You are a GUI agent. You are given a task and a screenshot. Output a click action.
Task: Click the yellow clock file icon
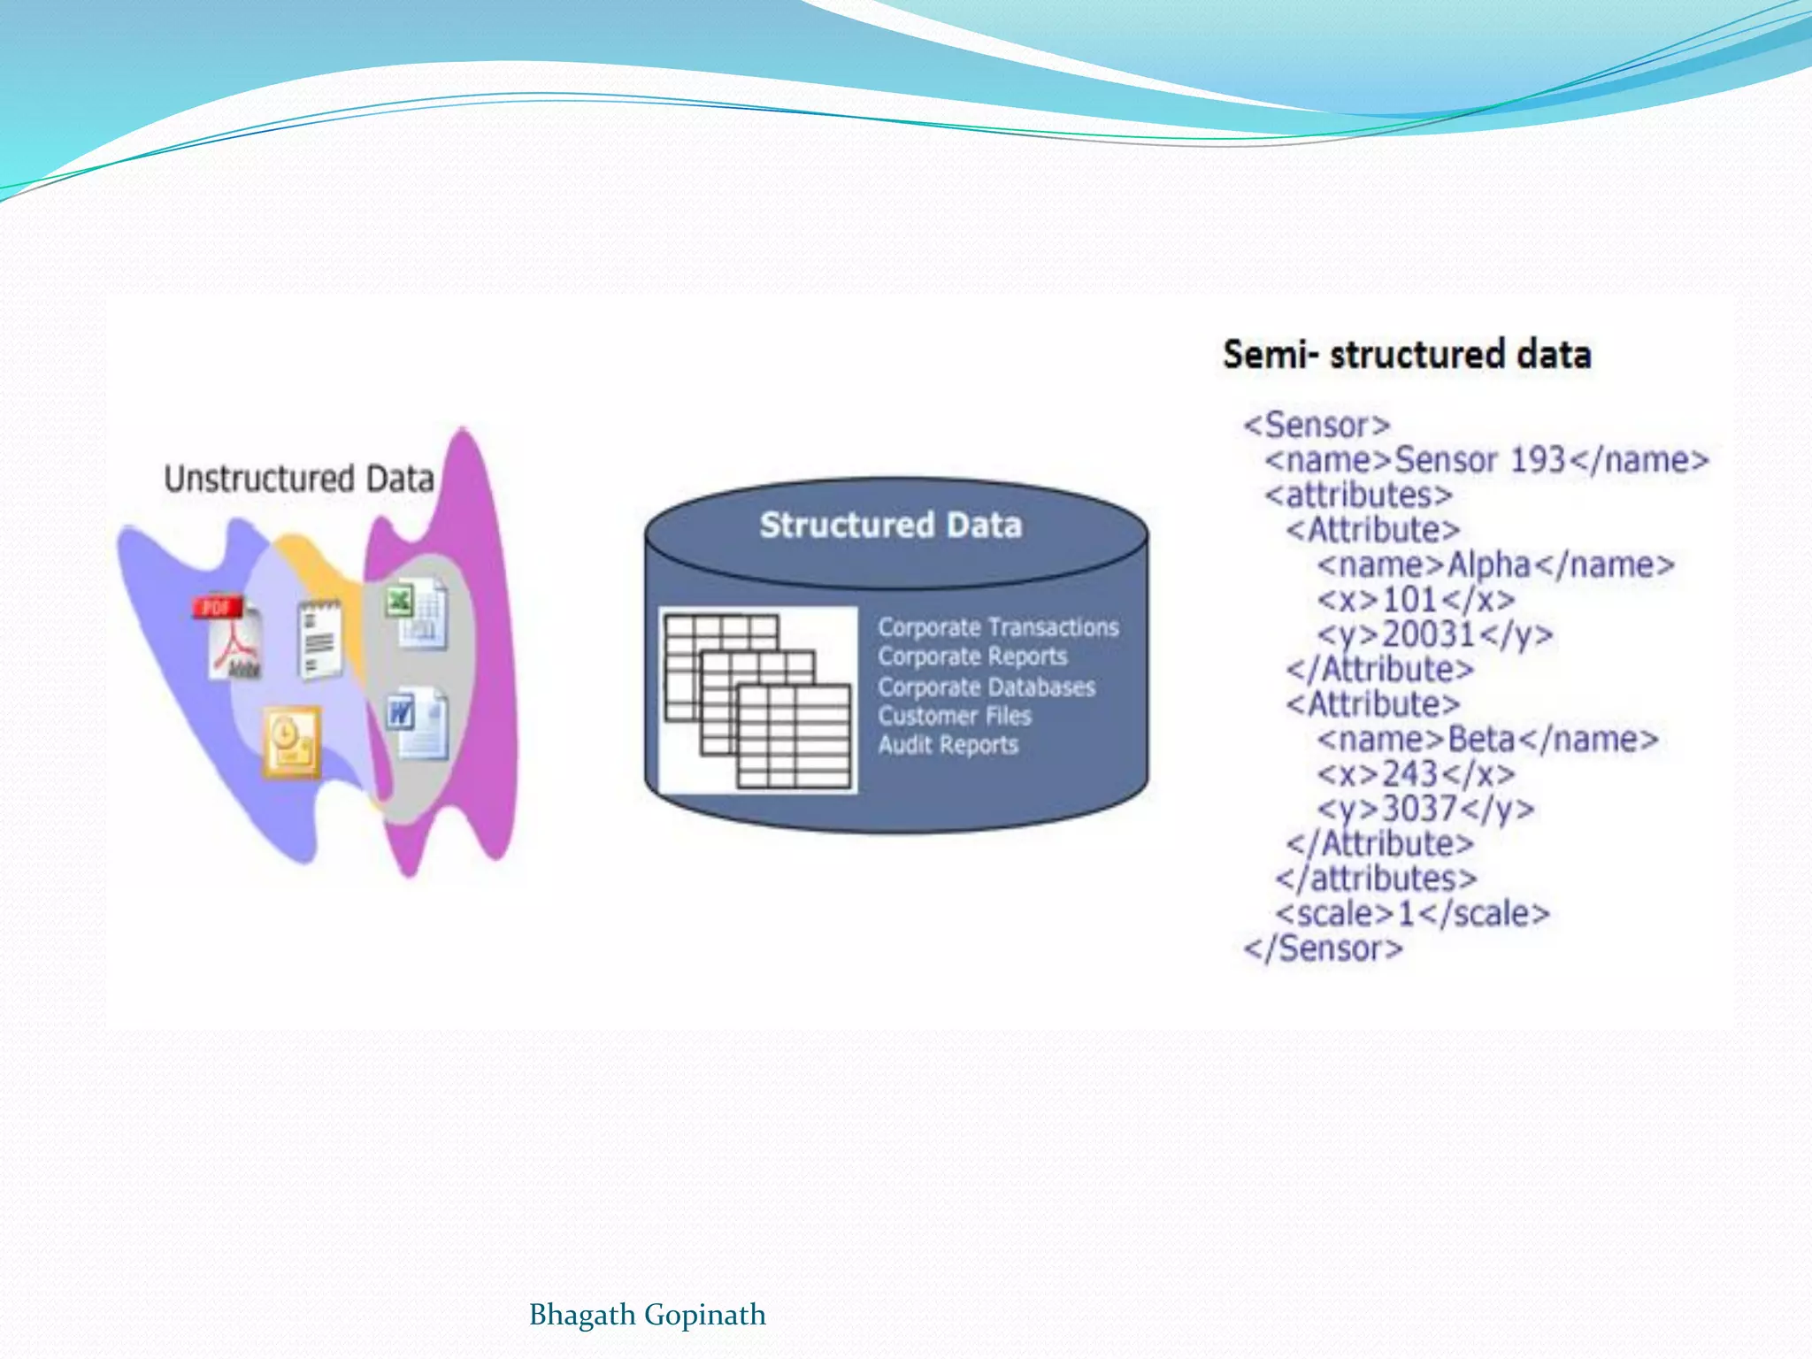[291, 741]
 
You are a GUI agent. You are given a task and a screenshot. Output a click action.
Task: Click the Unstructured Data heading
[299, 479]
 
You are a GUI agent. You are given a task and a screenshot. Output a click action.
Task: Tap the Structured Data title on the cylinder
[891, 525]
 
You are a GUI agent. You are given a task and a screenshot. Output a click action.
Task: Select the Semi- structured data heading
[1407, 354]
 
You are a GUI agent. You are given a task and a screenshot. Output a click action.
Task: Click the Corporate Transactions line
[998, 627]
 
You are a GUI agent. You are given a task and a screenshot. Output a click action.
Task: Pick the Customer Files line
[955, 716]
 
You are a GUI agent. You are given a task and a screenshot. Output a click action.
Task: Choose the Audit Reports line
[948, 745]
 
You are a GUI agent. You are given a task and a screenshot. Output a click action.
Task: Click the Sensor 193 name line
[1486, 460]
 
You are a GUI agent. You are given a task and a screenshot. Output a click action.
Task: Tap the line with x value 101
[1416, 600]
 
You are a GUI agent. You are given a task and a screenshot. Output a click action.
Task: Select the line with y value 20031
[1434, 634]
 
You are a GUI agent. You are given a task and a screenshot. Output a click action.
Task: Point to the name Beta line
[1487, 739]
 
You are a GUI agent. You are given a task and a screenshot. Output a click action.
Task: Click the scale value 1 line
[1412, 913]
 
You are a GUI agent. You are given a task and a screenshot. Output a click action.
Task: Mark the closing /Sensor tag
[1323, 948]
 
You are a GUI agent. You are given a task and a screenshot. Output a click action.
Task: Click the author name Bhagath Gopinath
[647, 1315]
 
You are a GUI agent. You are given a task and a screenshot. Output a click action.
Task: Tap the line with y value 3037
[1425, 809]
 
